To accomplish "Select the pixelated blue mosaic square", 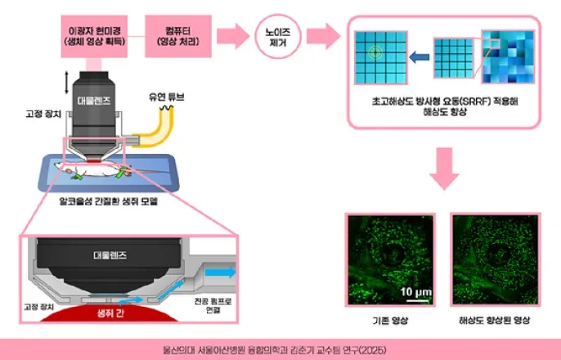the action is coord(505,53).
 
